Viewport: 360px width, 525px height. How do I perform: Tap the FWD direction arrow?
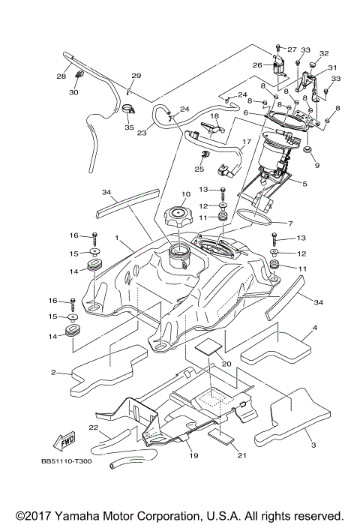(x=66, y=439)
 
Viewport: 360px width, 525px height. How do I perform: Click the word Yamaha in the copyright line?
(x=79, y=516)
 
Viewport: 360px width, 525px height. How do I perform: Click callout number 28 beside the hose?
(x=61, y=76)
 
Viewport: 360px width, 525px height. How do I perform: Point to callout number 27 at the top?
(x=292, y=49)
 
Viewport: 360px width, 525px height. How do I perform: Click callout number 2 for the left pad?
(x=53, y=372)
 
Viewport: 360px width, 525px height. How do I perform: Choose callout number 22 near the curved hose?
(x=94, y=428)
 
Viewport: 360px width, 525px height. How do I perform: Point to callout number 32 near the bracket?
(x=325, y=54)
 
